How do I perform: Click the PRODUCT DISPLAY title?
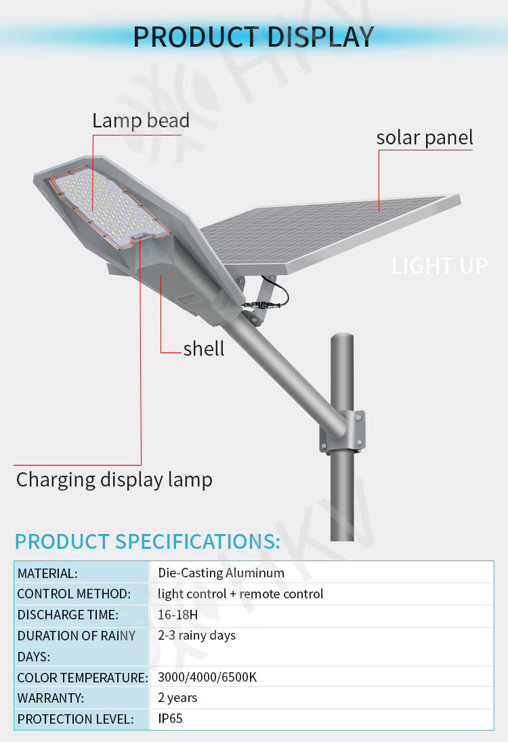coord(253,36)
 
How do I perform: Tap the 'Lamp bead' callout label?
coord(141,121)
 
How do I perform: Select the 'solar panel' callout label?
coord(425,137)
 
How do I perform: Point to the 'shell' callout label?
coord(204,348)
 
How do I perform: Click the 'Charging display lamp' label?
coord(114,480)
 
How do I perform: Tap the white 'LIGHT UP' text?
coord(440,266)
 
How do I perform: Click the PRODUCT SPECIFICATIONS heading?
coord(147,541)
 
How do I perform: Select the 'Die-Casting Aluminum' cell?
coord(221,573)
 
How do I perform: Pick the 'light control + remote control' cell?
coord(240,594)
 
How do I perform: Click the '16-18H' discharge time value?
coord(178,615)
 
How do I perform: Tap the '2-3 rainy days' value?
coord(197,636)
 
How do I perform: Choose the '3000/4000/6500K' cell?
coord(207,677)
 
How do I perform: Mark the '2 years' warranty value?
coord(177,697)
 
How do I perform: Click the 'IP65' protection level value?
coord(170,718)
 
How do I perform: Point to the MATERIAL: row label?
coord(47,573)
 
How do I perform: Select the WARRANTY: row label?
coord(51,698)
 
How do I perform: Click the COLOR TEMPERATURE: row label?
coord(82,678)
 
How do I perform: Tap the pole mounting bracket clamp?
coord(344,432)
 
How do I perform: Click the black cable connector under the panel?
coord(260,303)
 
